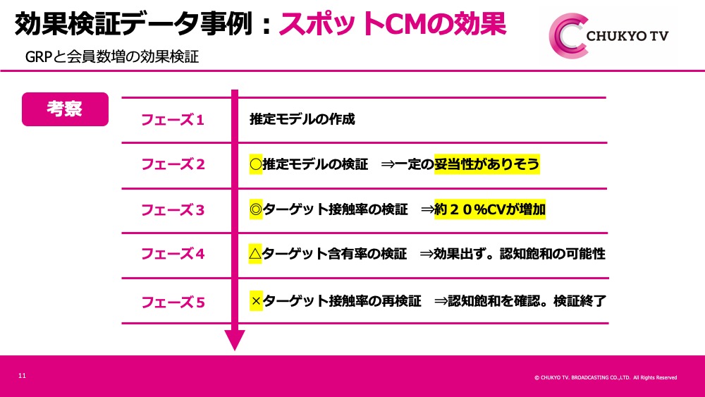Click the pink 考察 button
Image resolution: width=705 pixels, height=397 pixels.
coord(65,109)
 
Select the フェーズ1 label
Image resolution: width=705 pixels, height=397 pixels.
coord(173,120)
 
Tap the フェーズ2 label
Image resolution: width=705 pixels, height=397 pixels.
coord(173,164)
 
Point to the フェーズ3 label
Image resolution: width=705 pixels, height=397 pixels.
coord(173,209)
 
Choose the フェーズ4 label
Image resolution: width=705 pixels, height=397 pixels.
coord(173,254)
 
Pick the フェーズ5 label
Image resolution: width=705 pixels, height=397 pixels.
coord(173,302)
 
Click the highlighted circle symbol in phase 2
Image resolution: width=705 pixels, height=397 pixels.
coord(256,164)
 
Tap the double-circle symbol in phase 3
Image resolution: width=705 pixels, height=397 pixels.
coord(256,209)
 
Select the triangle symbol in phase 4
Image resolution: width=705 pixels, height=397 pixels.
coord(255,254)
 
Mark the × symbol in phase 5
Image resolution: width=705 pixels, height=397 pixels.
coord(257,301)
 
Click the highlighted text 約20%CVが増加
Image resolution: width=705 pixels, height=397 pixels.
coord(490,209)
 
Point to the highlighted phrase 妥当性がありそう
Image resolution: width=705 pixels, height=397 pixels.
coord(487,164)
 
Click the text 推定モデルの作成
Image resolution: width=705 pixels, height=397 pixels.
coord(302,119)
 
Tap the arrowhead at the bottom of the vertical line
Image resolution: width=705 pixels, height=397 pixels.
coord(235,339)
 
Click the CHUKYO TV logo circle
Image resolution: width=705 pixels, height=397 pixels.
coord(568,36)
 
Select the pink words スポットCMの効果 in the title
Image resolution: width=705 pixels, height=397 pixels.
coord(393,24)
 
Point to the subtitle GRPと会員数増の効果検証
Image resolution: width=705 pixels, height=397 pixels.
coord(112,56)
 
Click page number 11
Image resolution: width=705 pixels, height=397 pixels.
coord(22,375)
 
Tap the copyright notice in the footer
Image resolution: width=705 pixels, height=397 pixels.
coord(606,378)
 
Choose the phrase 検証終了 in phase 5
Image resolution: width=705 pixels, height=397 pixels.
coord(580,301)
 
